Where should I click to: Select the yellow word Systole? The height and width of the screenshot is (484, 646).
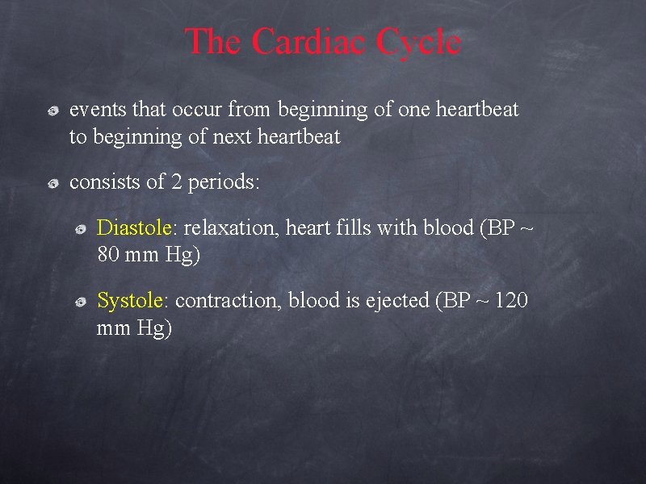[129, 301]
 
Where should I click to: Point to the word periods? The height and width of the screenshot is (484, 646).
[226, 182]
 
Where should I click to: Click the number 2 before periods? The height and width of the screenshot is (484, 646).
[177, 182]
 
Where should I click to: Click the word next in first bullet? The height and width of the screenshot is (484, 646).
[232, 137]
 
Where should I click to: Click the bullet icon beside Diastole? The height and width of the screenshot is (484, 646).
[81, 231]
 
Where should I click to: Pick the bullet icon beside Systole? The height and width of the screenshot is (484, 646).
[81, 303]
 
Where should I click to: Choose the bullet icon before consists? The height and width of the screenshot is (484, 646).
[52, 185]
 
